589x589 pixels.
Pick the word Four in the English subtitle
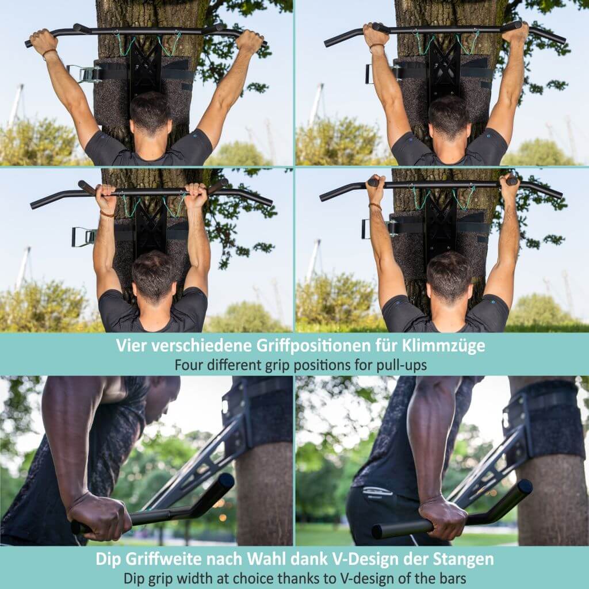pos(188,365)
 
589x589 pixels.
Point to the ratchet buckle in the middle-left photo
pos(83,236)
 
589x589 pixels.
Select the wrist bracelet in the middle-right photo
pos(376,206)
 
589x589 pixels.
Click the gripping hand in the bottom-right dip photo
pos(442,518)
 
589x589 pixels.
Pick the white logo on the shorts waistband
pos(377,492)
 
